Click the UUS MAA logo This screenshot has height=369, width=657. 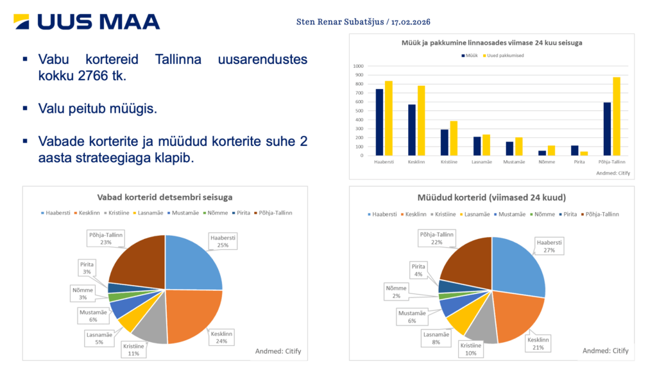(87, 22)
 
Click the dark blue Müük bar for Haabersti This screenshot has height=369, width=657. (379, 122)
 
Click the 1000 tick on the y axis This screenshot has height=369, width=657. (358, 66)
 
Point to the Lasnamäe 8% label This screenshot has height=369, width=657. (436, 338)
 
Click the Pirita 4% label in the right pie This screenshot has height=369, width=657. (418, 270)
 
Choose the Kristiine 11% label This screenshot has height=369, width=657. (134, 350)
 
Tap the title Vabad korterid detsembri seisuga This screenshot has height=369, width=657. (164, 197)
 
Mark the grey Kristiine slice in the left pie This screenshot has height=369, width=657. (151, 327)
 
